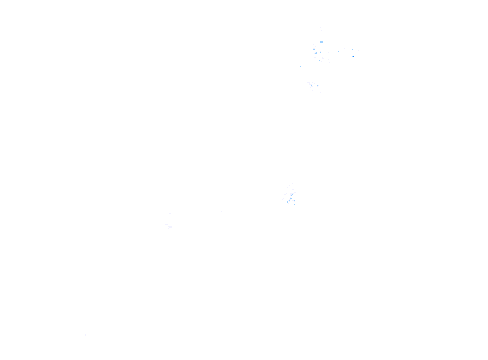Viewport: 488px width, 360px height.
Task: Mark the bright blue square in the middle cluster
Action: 293,201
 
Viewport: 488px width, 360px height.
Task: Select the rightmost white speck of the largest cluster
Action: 358,51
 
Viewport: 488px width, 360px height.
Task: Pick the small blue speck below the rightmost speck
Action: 353,56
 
